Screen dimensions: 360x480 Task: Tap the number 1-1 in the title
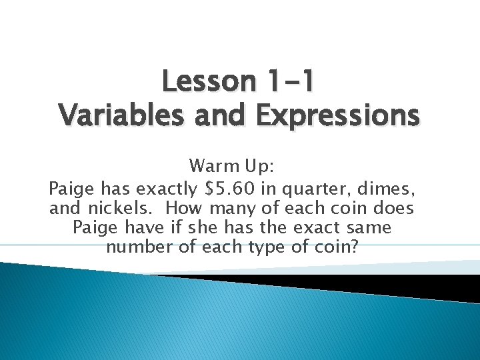pos(285,82)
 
